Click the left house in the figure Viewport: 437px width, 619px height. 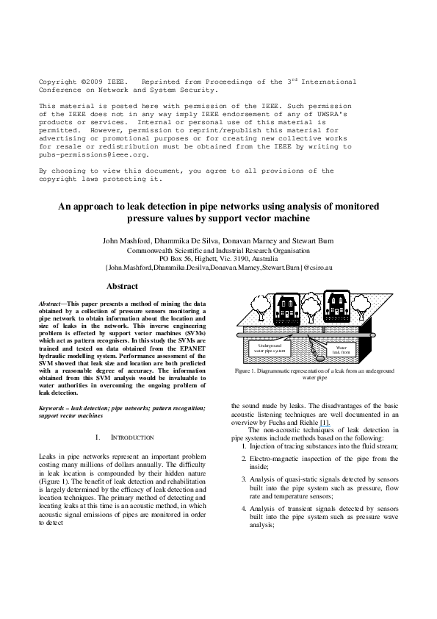click(286, 308)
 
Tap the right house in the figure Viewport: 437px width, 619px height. click(336, 307)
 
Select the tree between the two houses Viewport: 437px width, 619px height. click(311, 307)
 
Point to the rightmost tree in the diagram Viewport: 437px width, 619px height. click(361, 307)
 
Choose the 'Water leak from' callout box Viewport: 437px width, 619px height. click(342, 349)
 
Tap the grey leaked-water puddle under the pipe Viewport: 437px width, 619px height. click(321, 359)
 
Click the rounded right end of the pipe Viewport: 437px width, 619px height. click(372, 335)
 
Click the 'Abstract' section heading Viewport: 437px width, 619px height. click(122, 286)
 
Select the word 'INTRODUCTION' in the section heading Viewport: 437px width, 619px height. click(132, 437)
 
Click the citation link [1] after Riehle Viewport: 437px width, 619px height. click(324, 423)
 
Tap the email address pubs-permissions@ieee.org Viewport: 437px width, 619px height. click(93, 154)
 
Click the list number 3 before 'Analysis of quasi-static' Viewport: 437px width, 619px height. click(244, 479)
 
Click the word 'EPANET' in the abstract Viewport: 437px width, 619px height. click(193, 348)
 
